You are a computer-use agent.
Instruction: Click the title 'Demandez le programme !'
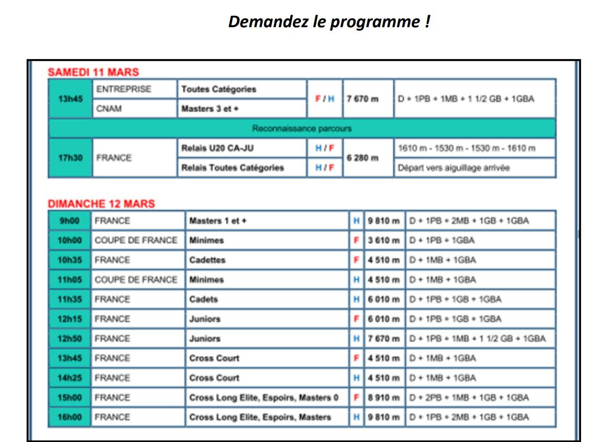coord(329,22)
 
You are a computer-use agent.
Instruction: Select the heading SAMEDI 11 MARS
coord(93,72)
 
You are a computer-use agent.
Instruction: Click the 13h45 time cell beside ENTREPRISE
coord(70,99)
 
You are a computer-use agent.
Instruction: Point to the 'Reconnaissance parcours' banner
coord(302,128)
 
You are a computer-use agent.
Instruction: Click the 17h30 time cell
coord(70,158)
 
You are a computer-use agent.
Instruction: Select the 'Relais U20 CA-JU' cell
coord(218,149)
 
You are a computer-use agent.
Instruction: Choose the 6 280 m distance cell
coord(362,158)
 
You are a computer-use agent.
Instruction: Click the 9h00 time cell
coord(70,221)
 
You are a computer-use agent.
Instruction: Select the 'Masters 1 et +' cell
coord(218,221)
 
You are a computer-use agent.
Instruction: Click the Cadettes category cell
coord(208,260)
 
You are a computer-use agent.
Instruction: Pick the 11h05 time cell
coord(70,280)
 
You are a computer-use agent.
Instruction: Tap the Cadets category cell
coord(203,300)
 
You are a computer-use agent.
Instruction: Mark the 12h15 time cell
coord(70,319)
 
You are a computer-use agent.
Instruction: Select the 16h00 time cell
coord(70,417)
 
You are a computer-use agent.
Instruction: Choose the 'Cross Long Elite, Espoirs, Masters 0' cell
coord(264,398)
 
